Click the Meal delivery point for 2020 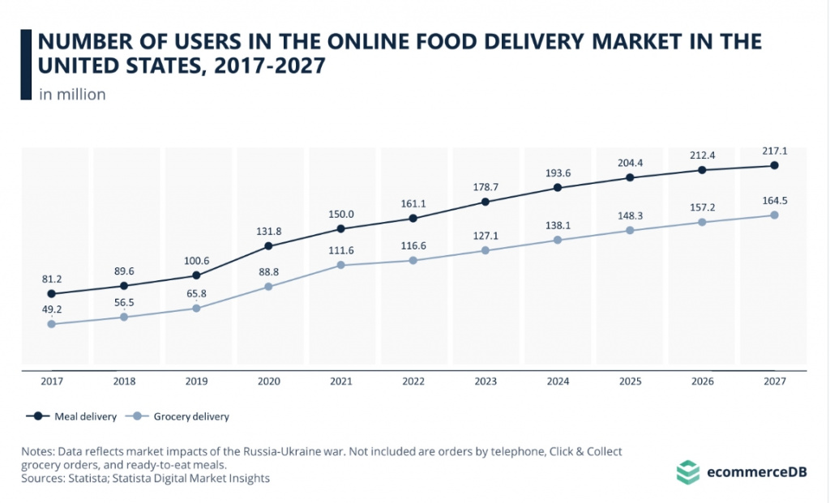pyautogui.click(x=268, y=245)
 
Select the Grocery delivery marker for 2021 pyautogui.click(x=340, y=265)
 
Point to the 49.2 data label pyautogui.click(x=52, y=309)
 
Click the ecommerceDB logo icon pyautogui.click(x=687, y=471)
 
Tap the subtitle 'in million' pyautogui.click(x=72, y=94)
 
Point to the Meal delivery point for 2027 pyautogui.click(x=773, y=165)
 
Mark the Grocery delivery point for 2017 pyautogui.click(x=52, y=324)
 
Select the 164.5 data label pyautogui.click(x=773, y=200)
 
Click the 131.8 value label pyautogui.click(x=268, y=230)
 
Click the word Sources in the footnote pyautogui.click(x=42, y=479)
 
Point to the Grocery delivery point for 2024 pyautogui.click(x=557, y=240)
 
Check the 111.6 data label pyautogui.click(x=340, y=249)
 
